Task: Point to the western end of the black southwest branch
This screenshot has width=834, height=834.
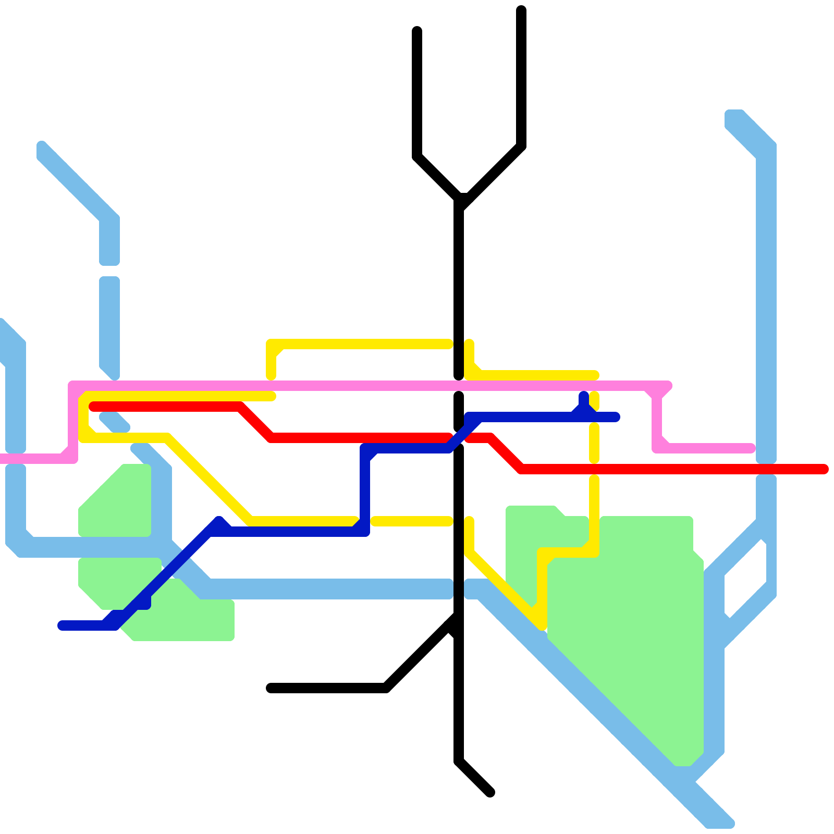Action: click(x=271, y=688)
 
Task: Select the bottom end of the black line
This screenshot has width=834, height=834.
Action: click(x=490, y=793)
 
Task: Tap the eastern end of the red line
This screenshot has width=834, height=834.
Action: click(x=824, y=469)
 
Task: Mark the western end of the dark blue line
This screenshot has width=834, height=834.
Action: click(x=62, y=625)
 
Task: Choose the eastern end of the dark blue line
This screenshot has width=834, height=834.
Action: click(x=616, y=417)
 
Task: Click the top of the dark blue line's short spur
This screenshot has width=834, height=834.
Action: click(x=584, y=396)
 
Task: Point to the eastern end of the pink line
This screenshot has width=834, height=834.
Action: click(x=751, y=448)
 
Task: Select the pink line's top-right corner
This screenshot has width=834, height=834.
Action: click(x=667, y=386)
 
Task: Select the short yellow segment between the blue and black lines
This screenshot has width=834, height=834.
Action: click(x=412, y=521)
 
